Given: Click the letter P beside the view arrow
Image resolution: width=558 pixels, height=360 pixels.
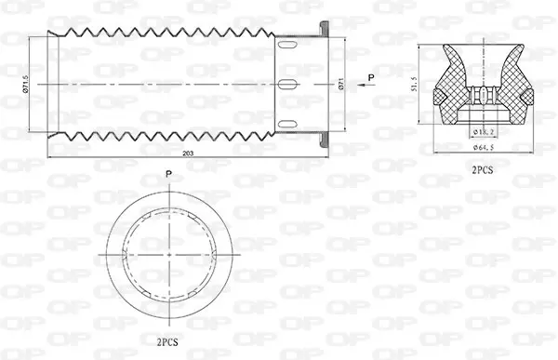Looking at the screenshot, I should [372, 75].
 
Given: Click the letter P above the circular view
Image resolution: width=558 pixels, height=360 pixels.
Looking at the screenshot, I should [167, 174].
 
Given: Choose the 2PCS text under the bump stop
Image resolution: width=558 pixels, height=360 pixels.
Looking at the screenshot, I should [483, 170].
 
